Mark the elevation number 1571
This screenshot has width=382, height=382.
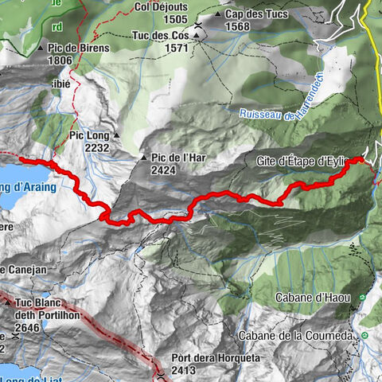click(x=160, y=48)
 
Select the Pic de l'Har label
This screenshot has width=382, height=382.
click(x=178, y=157)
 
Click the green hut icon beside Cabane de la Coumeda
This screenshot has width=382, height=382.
click(x=364, y=336)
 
